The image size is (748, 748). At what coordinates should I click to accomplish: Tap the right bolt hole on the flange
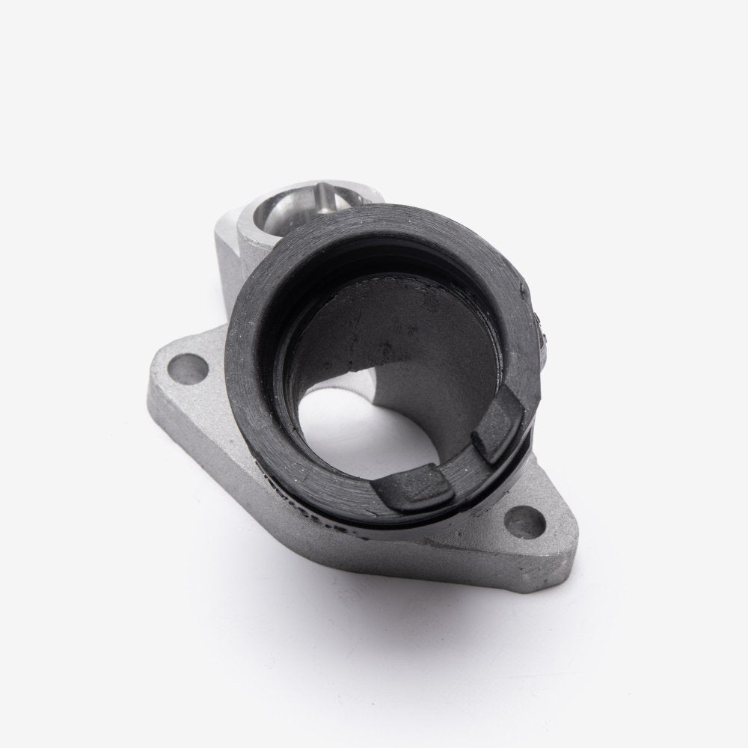pos(527,518)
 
